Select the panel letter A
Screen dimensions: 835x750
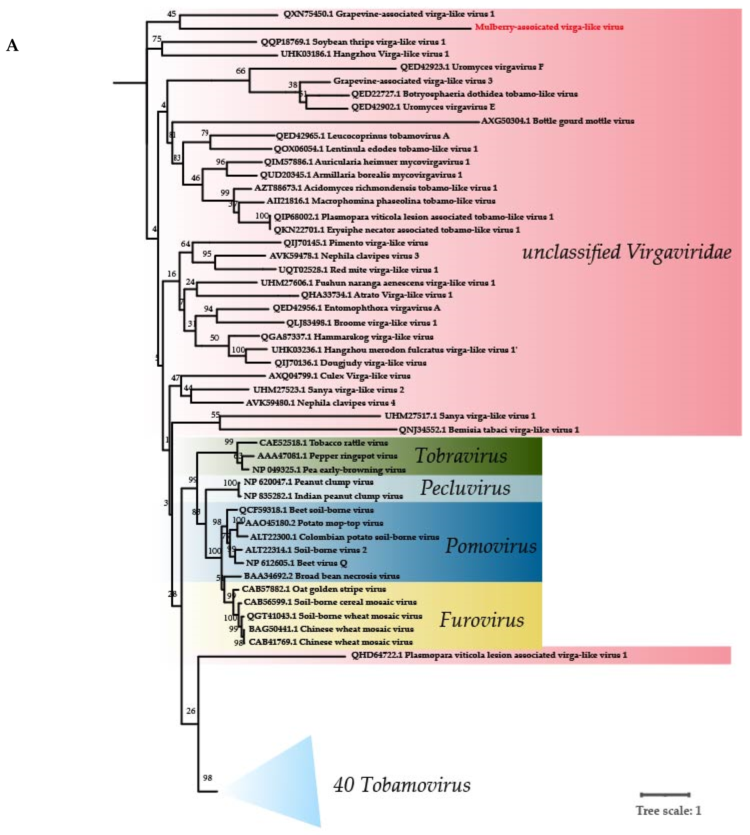12,45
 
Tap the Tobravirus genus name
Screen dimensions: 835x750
461,456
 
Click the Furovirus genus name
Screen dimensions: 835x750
482,620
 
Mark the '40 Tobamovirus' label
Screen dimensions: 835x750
401,785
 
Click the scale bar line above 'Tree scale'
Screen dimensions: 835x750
665,795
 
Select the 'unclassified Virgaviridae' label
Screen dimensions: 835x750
626,252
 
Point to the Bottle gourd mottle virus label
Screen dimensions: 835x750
557,121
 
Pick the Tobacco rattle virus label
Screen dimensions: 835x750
324,443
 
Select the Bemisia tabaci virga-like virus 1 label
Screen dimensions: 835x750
489,430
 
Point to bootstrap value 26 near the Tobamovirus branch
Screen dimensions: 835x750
191,711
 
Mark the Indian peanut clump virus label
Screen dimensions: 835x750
323,496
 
